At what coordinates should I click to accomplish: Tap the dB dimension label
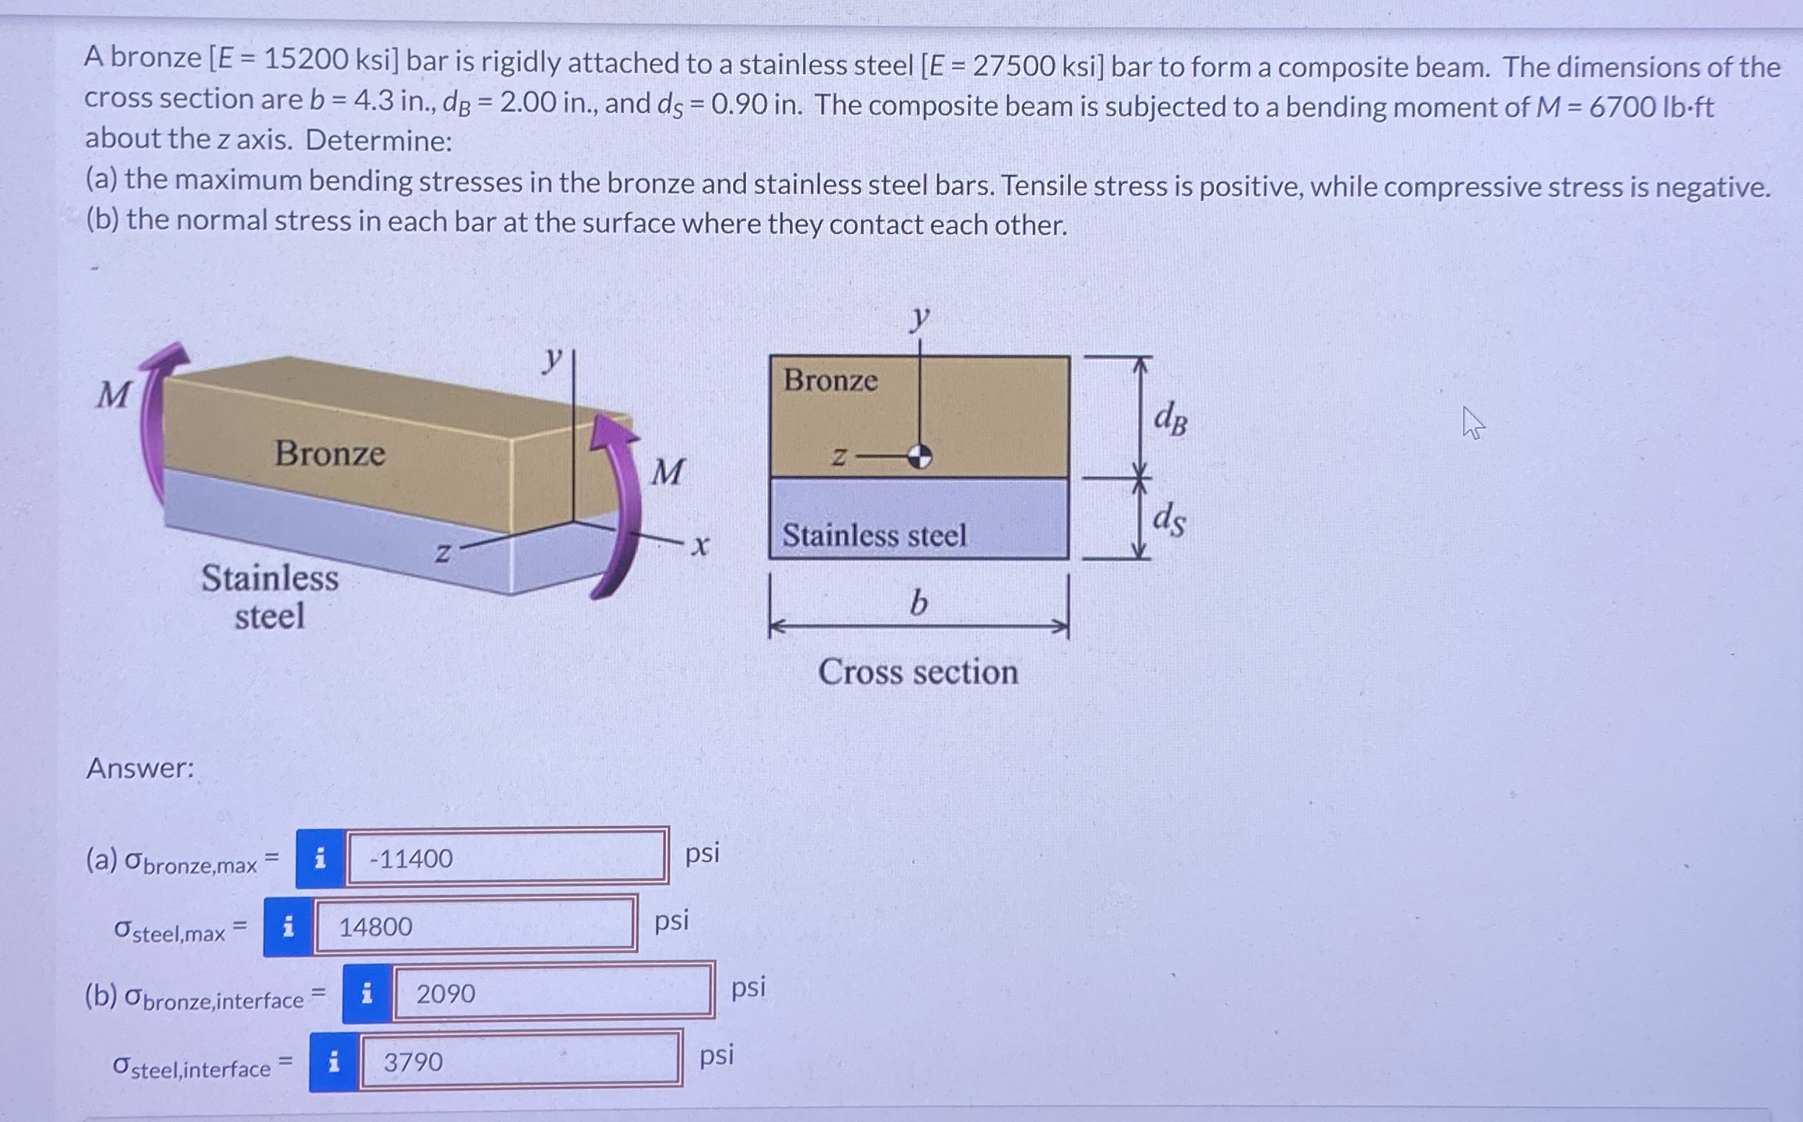[x=1170, y=420]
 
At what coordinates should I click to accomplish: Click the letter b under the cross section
[x=919, y=603]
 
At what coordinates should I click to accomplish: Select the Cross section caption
[x=918, y=672]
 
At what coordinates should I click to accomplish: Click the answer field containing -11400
[x=507, y=858]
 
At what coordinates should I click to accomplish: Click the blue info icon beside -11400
[x=320, y=858]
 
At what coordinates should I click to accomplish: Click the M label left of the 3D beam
[x=114, y=395]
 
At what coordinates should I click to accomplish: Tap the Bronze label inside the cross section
[x=830, y=381]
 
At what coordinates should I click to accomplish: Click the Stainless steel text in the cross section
[x=874, y=535]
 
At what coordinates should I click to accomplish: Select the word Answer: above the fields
[x=140, y=767]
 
